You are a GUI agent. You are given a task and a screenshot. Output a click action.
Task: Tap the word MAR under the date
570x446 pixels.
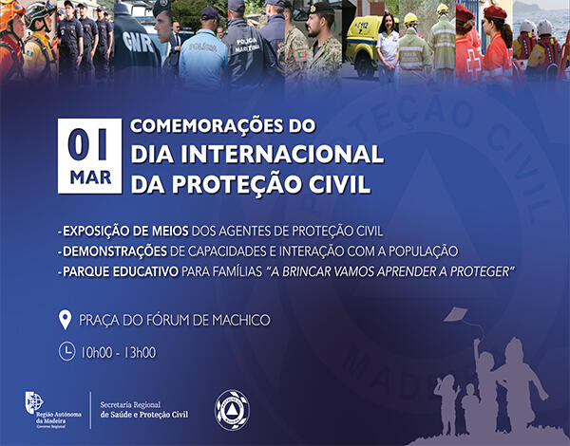pyautogui.click(x=89, y=177)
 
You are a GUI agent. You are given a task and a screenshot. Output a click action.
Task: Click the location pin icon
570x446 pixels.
pyautogui.click(x=66, y=319)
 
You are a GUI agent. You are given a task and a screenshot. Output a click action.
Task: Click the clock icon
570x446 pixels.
pyautogui.click(x=66, y=351)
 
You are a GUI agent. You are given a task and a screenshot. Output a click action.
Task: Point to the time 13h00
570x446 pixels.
pyautogui.click(x=137, y=352)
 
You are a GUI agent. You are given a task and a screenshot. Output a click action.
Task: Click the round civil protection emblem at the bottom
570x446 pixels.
pyautogui.click(x=230, y=407)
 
